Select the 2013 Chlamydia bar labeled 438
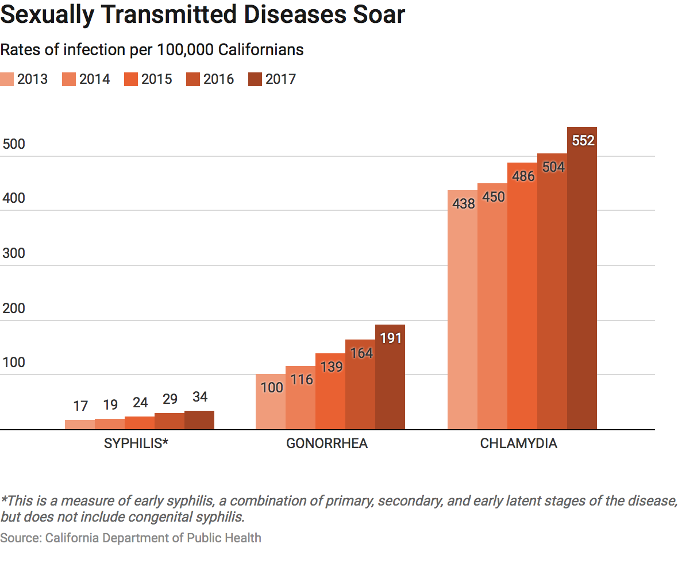(x=462, y=310)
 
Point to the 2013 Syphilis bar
(x=80, y=425)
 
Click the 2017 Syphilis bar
(x=199, y=420)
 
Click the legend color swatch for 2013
(x=7, y=79)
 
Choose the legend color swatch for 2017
(x=255, y=79)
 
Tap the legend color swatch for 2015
(x=130, y=79)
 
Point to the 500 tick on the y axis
(x=14, y=144)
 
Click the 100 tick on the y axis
(x=14, y=363)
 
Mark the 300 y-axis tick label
(x=14, y=253)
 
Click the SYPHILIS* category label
(x=136, y=444)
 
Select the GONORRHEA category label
(x=327, y=444)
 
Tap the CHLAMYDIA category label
(x=519, y=444)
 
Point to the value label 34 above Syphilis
(x=199, y=398)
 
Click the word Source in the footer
(x=20, y=538)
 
